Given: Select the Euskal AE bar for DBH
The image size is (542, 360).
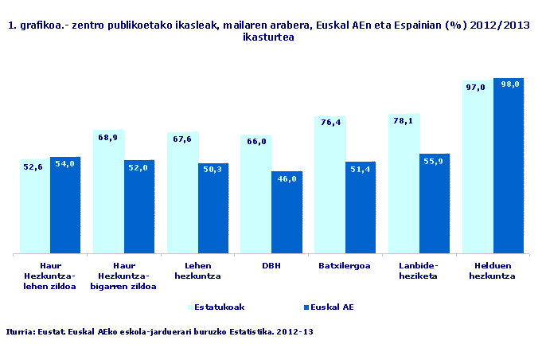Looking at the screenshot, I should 287,213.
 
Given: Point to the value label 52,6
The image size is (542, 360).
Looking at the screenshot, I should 33,166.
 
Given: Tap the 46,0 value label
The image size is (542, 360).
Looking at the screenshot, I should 287,179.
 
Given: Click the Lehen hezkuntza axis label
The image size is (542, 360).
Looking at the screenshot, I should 197,271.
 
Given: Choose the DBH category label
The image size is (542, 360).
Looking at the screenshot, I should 271,266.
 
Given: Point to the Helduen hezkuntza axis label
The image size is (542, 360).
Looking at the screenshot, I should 493,271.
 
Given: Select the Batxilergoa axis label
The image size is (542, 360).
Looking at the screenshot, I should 345,266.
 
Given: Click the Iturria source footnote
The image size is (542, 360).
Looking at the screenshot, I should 159,331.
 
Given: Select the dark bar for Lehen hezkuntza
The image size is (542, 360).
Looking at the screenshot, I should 213,209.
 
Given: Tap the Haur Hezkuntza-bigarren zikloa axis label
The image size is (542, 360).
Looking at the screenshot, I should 124,276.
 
